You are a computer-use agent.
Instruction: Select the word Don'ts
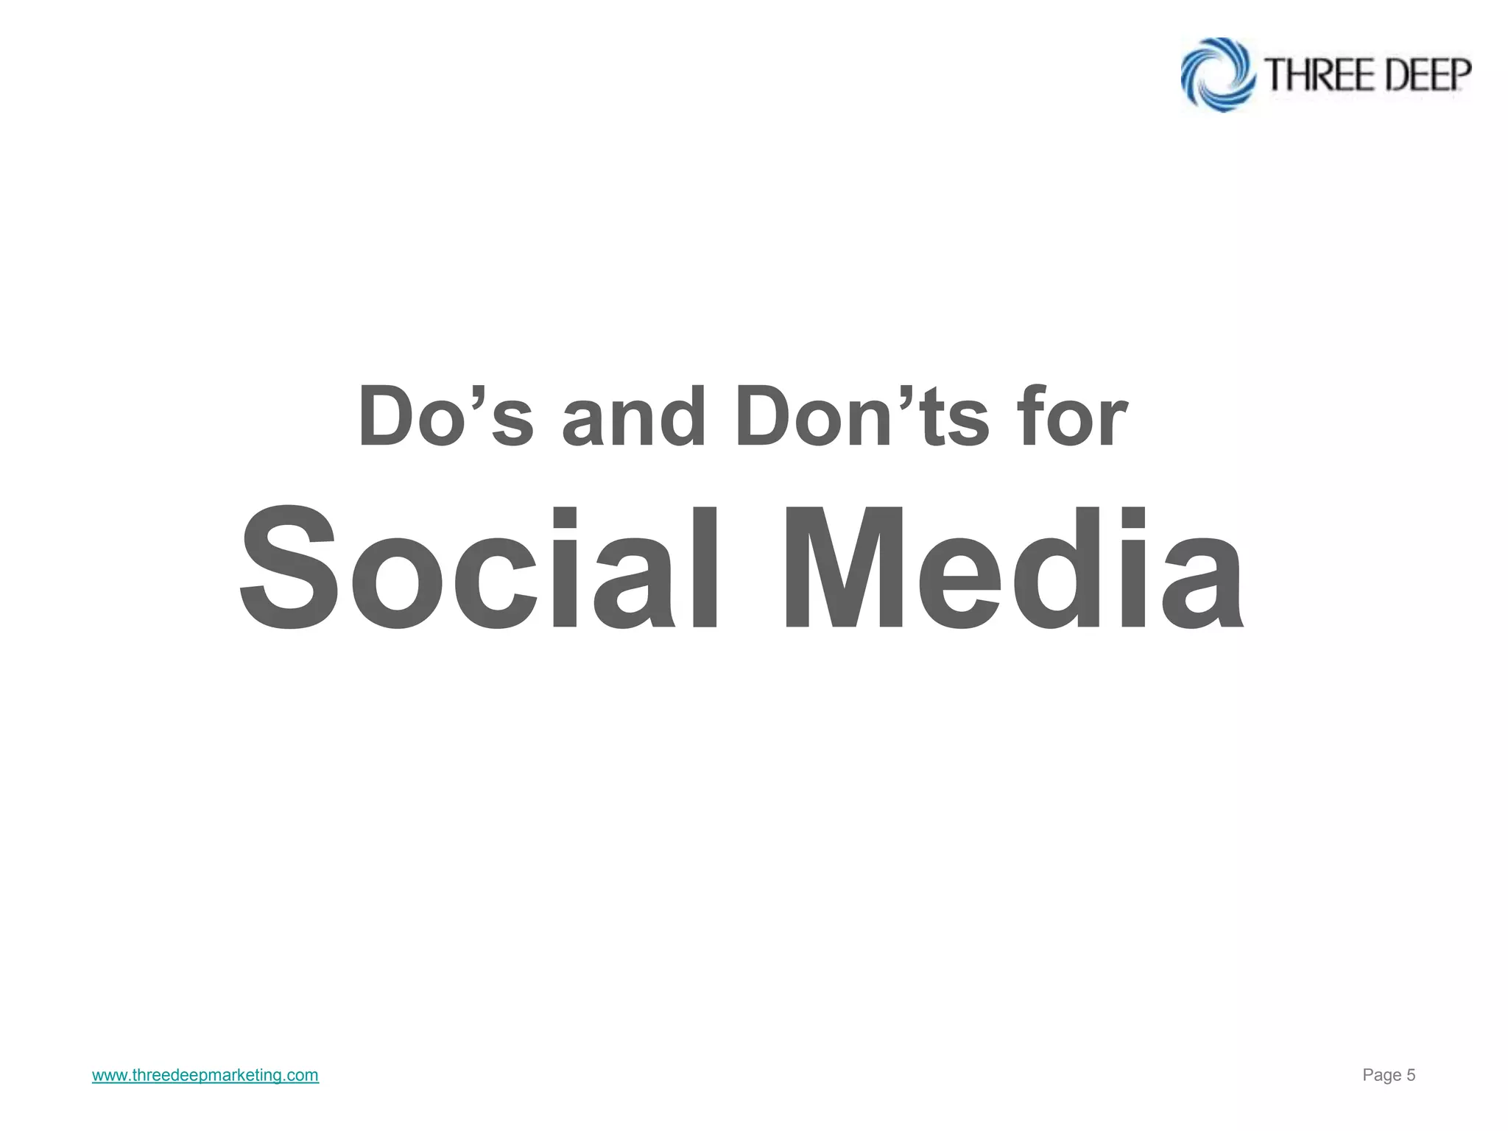862,417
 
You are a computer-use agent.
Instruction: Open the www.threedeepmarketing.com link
205,1076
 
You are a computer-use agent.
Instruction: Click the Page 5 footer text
1389,1076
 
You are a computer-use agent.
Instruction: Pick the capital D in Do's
388,417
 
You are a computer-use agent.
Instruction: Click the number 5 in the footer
1411,1076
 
